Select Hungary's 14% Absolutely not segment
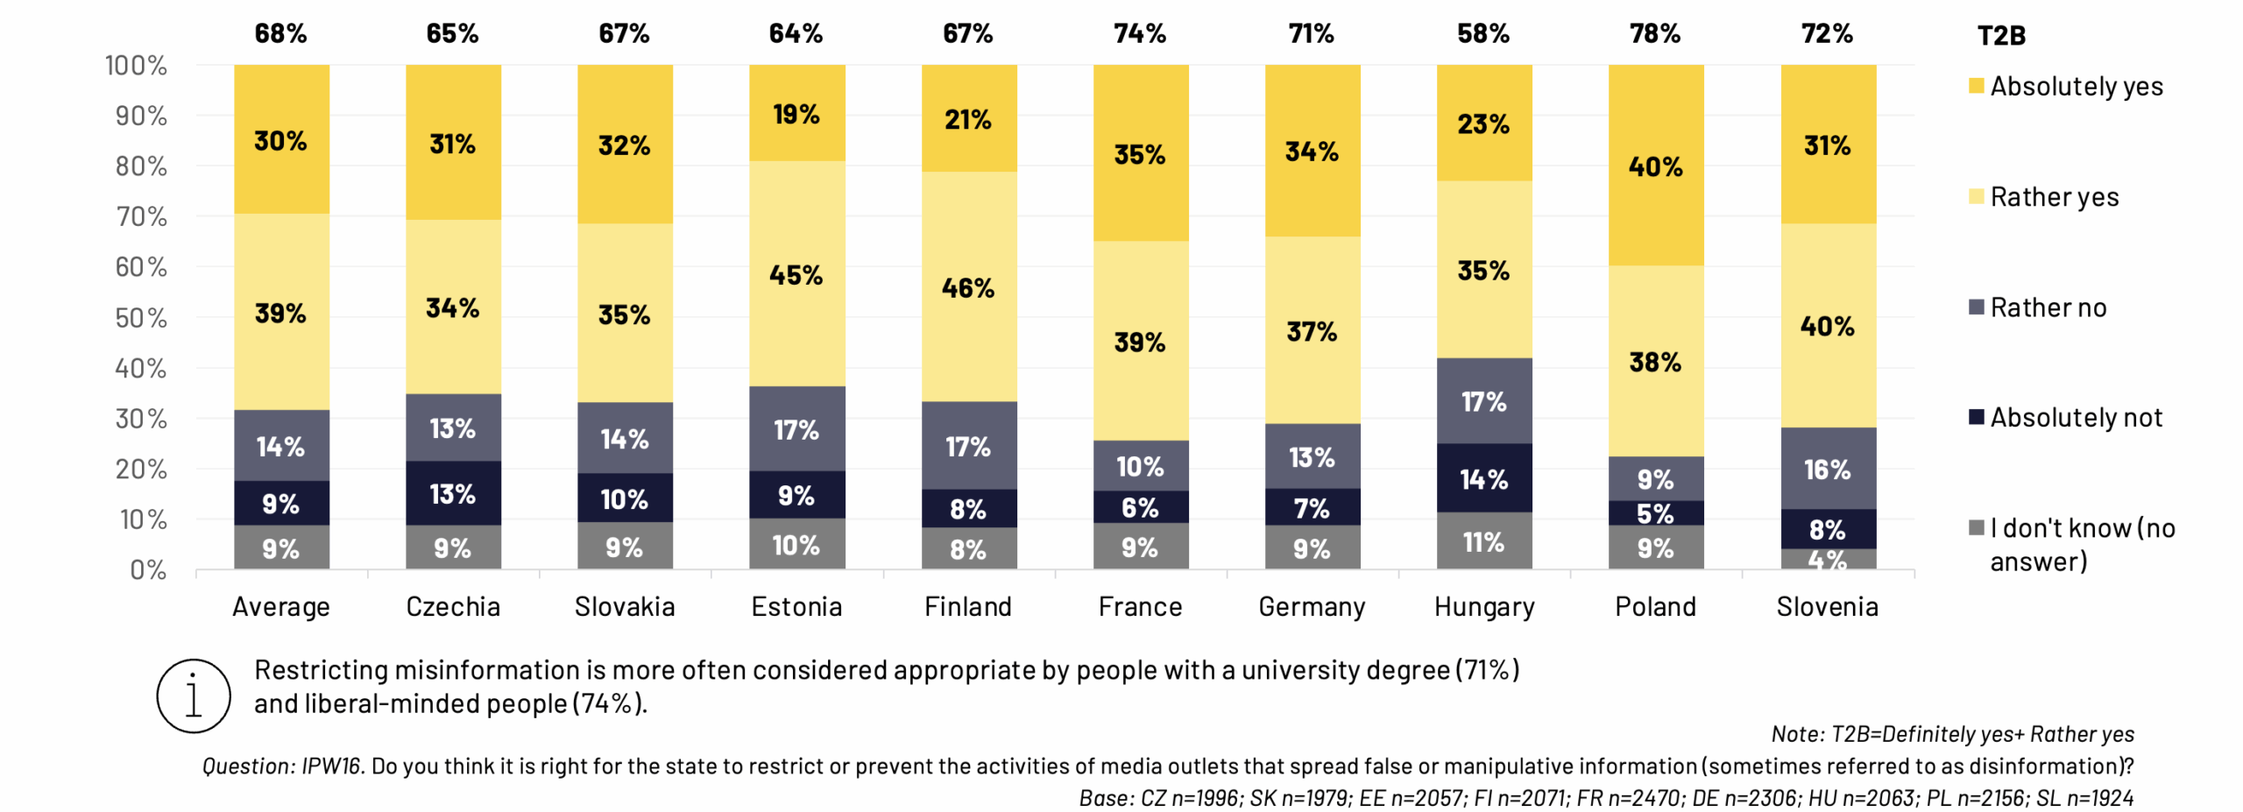(1483, 478)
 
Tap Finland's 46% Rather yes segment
(968, 286)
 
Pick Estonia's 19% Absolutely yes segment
(796, 113)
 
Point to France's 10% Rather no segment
(1140, 465)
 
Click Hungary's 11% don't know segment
(1483, 541)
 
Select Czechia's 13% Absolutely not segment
(453, 493)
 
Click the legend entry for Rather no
(2048, 307)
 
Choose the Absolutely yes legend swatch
(1976, 86)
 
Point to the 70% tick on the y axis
(141, 216)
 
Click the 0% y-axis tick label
(148, 570)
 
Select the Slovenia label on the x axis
(1827, 606)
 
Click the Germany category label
(1312, 606)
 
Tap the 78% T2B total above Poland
(1655, 33)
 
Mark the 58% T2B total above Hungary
(1483, 33)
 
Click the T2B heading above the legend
(2001, 35)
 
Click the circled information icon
(194, 695)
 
